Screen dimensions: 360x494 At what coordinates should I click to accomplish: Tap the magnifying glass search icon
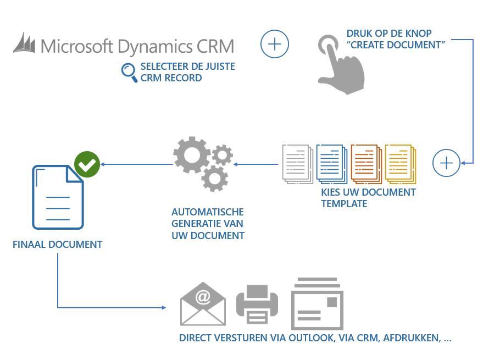(x=129, y=72)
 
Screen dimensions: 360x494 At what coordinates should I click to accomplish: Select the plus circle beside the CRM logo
(x=275, y=43)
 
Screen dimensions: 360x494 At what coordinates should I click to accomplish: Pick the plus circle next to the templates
(x=447, y=163)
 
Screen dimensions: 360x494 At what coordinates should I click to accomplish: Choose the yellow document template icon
(x=399, y=163)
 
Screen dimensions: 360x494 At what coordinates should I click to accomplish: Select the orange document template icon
(x=365, y=163)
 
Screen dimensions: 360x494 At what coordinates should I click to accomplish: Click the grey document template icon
(x=297, y=163)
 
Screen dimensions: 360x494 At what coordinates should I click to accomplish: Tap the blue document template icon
(x=331, y=163)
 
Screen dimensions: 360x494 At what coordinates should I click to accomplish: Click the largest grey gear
(x=191, y=154)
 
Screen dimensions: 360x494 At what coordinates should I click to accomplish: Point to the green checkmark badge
(x=87, y=164)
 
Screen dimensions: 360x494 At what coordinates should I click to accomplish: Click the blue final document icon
(x=58, y=197)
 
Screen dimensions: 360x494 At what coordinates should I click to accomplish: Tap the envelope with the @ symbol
(x=203, y=304)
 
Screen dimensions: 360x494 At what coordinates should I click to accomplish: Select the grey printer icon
(x=257, y=304)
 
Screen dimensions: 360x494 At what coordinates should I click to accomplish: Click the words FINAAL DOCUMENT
(x=58, y=245)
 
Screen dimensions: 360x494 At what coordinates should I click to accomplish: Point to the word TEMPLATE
(x=344, y=204)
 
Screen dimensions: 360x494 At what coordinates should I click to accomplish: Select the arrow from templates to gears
(x=256, y=164)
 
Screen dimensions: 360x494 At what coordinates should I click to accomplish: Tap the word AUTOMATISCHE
(x=208, y=212)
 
